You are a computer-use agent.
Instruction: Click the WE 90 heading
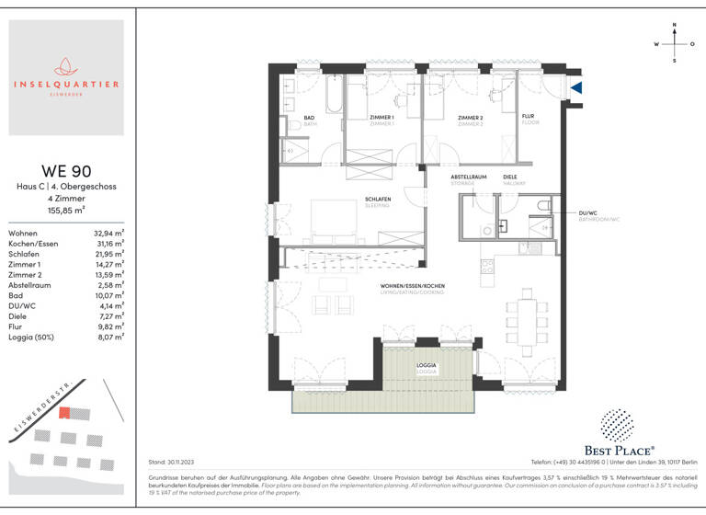click(65, 171)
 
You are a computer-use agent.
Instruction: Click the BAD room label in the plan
click(310, 118)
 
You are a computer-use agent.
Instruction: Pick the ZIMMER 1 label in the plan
click(381, 118)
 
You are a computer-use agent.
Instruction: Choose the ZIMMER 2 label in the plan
click(470, 118)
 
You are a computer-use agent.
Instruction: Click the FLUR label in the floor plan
click(529, 117)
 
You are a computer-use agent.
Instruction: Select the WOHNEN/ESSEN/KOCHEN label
click(413, 288)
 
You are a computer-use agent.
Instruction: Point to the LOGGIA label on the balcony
click(427, 365)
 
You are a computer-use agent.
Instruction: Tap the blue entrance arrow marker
click(576, 87)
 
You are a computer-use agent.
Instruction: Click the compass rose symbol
click(675, 42)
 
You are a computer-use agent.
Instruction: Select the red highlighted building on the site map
click(64, 414)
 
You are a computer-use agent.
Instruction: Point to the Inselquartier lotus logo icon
click(65, 66)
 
